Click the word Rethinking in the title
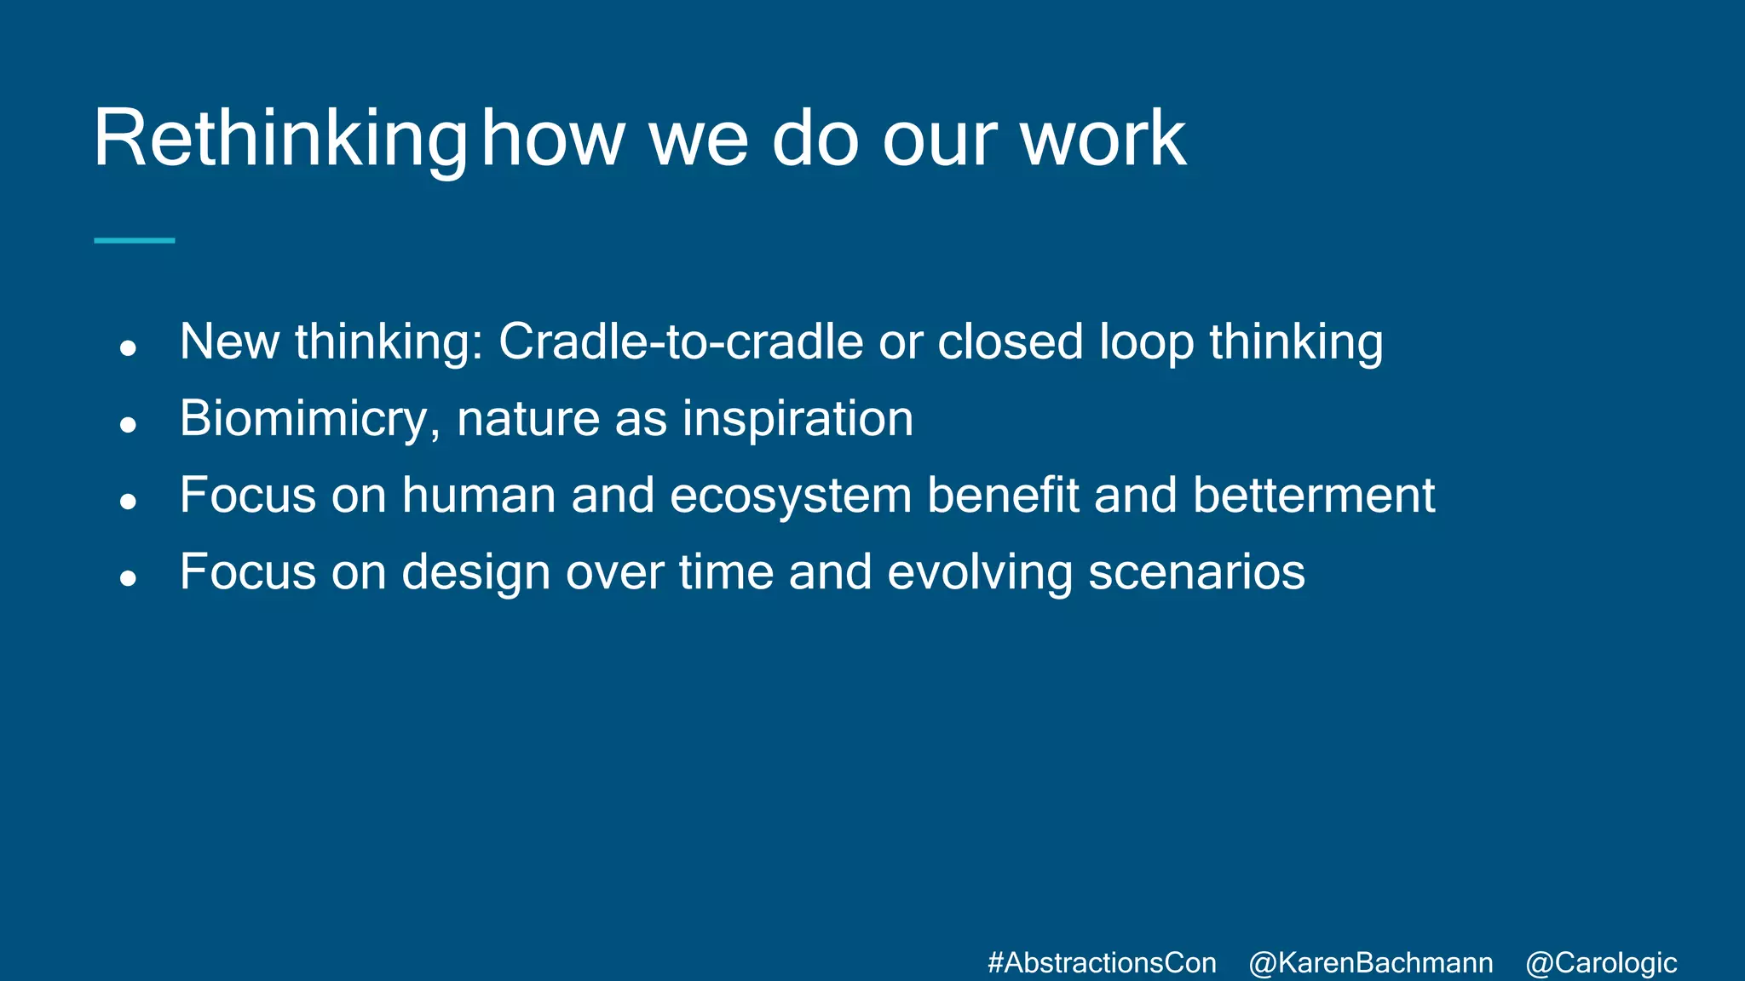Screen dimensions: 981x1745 pyautogui.click(x=279, y=139)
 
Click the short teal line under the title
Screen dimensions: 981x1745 pyautogui.click(x=134, y=241)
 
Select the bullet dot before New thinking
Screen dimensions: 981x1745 pyautogui.click(x=129, y=347)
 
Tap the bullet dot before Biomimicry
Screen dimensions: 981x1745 pyautogui.click(x=129, y=424)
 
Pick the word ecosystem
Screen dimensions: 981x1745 pyautogui.click(x=791, y=496)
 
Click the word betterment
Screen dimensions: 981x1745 pyautogui.click(x=1313, y=496)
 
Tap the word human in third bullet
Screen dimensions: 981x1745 pyautogui.click(x=478, y=496)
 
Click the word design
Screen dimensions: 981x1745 pyautogui.click(x=475, y=572)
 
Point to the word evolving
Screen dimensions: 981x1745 pyautogui.click(x=980, y=572)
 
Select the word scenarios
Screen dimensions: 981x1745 pyautogui.click(x=1196, y=572)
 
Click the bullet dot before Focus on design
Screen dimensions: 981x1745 pyautogui.click(x=129, y=578)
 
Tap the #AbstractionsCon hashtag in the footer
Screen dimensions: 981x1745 pyautogui.click(x=1102, y=963)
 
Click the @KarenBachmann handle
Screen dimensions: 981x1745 pyautogui.click(x=1370, y=963)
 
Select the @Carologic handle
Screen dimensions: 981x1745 pyautogui.click(x=1600, y=963)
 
